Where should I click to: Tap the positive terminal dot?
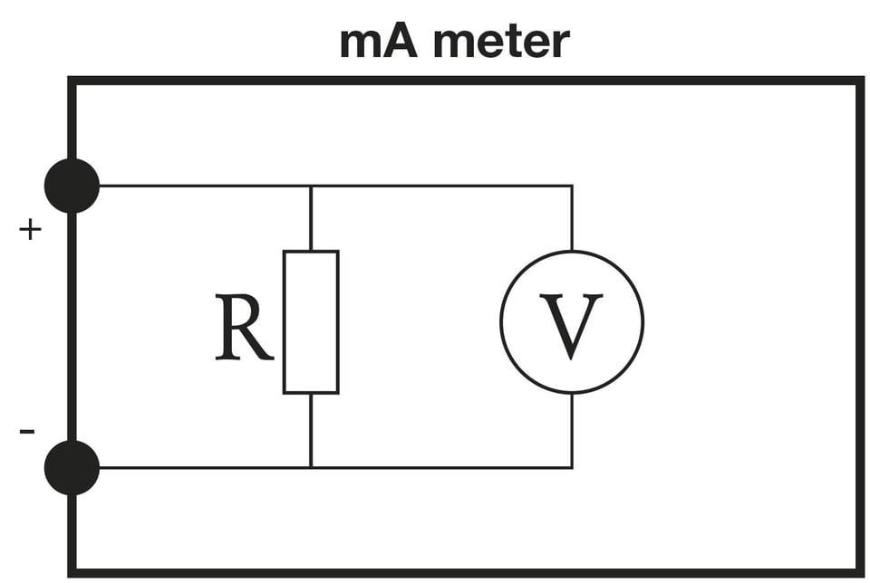click(72, 186)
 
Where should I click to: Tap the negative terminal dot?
click(72, 467)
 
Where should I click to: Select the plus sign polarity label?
click(30, 230)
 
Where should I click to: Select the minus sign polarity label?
click(27, 431)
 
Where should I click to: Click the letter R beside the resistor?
click(243, 327)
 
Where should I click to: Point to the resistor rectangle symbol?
click(311, 322)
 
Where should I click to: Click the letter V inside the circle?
click(571, 326)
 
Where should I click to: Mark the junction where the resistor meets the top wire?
click(311, 186)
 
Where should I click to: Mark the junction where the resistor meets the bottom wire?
click(311, 467)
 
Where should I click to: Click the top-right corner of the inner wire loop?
click(572, 186)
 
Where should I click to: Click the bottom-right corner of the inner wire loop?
click(572, 467)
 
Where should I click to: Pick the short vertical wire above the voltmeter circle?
click(572, 218)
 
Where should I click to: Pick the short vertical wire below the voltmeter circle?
click(572, 430)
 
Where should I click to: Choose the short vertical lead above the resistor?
click(311, 218)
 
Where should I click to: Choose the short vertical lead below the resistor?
click(311, 430)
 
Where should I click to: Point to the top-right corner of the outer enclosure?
click(860, 81)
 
